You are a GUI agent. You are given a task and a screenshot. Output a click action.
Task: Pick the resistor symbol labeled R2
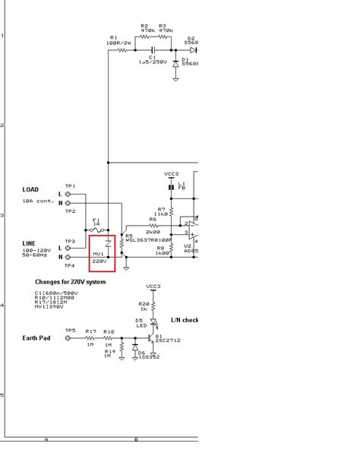click(x=144, y=36)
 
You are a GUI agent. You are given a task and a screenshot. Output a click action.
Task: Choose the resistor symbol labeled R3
click(x=163, y=36)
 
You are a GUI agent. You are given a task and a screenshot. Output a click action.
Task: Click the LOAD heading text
click(x=30, y=190)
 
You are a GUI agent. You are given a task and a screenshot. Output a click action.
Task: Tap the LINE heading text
click(x=29, y=243)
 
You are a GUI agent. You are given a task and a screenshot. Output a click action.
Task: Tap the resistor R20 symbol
click(x=153, y=306)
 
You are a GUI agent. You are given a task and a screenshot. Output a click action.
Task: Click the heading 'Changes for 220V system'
click(x=70, y=282)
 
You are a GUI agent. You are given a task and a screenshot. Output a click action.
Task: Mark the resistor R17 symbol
click(x=90, y=337)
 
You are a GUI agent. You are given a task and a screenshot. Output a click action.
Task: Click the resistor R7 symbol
click(x=172, y=210)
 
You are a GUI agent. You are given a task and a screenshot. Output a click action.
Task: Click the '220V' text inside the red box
click(x=100, y=260)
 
